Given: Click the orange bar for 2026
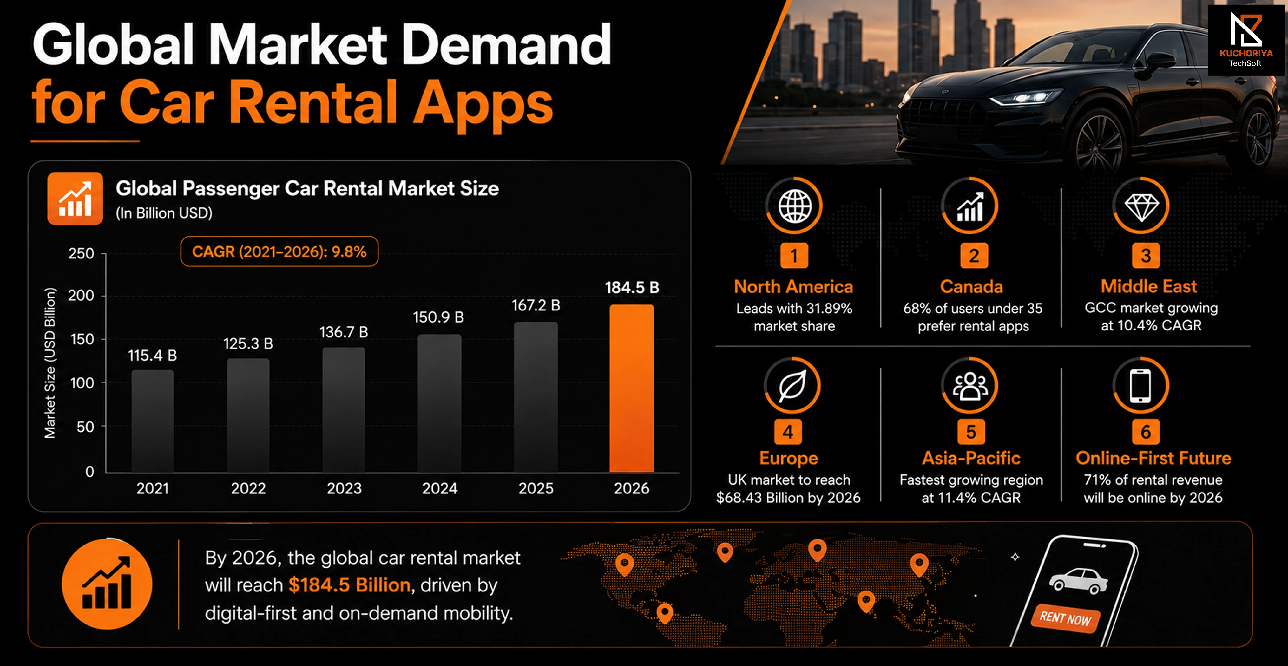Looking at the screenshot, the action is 632,388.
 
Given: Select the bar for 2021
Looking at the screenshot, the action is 153,421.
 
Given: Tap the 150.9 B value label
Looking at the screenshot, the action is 438,317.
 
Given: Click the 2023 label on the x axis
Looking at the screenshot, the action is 344,488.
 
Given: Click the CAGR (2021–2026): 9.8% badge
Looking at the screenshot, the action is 279,251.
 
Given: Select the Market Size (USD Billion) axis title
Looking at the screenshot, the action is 50,363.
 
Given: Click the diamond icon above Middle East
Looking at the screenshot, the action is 1141,206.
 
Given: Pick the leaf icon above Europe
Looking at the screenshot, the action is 792,386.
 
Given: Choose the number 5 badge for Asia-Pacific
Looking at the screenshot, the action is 971,432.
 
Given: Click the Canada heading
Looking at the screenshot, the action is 971,286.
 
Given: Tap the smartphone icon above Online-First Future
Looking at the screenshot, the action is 1140,386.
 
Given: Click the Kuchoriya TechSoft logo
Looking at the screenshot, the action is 1245,40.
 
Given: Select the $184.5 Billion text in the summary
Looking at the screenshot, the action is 350,585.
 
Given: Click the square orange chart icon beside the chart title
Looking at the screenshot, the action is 75,199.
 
